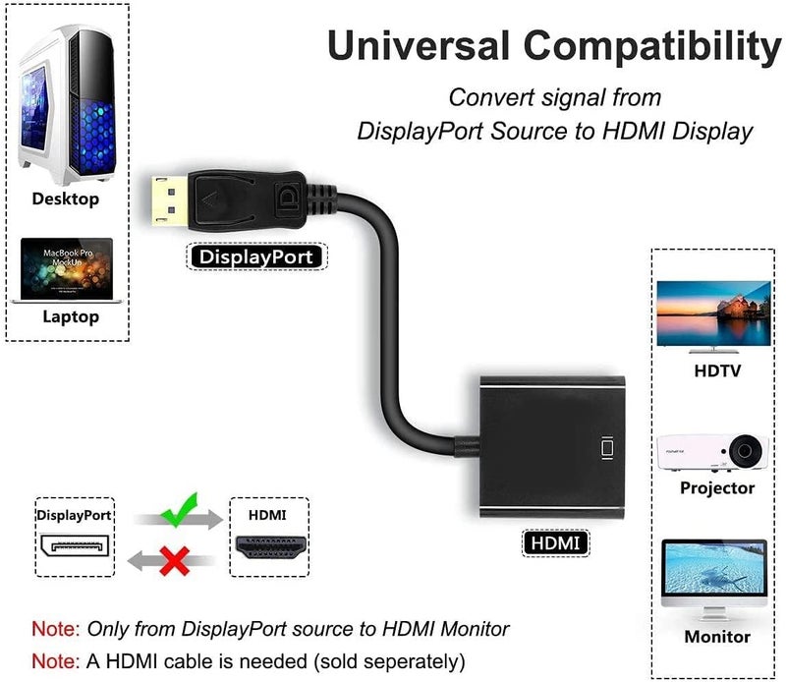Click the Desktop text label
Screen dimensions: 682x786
pyautogui.click(x=66, y=199)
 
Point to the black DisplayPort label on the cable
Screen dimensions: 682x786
pyautogui.click(x=255, y=257)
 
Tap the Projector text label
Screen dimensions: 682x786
pyautogui.click(x=717, y=488)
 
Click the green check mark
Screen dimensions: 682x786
pyautogui.click(x=179, y=510)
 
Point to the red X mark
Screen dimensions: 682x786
pyautogui.click(x=175, y=562)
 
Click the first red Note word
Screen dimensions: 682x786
pyautogui.click(x=56, y=629)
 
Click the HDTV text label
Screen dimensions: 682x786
pyautogui.click(x=717, y=371)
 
